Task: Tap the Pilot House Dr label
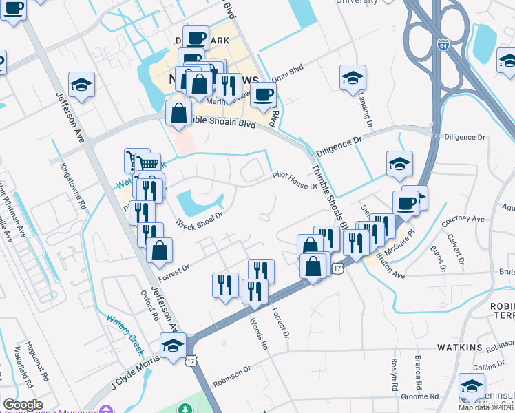[x=294, y=180]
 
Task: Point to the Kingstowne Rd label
[x=74, y=185]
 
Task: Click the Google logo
[x=23, y=405]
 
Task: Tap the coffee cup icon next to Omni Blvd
[x=262, y=96]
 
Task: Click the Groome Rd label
[x=424, y=396]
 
